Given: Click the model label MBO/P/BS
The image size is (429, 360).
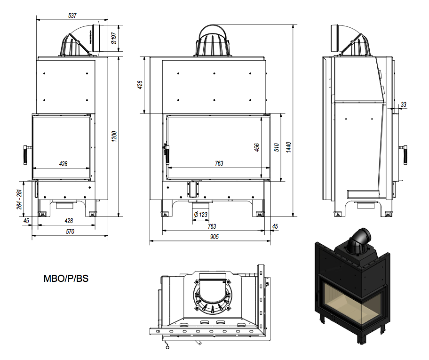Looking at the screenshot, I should (66, 279).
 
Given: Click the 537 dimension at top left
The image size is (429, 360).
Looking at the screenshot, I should (72, 16).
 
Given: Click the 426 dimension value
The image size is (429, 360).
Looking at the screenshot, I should (140, 85).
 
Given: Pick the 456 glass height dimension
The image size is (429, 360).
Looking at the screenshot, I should (257, 147).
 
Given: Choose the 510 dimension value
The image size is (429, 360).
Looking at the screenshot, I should (277, 147).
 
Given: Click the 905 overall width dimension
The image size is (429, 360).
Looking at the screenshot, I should (214, 237).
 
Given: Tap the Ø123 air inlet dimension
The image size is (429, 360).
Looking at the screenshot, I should (200, 215).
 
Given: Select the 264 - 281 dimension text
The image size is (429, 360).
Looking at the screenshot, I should (20, 200).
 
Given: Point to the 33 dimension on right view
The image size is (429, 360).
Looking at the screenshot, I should (404, 104).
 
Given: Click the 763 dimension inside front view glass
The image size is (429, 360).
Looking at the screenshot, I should (219, 163).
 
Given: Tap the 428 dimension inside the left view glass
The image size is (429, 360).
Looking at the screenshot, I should (63, 164).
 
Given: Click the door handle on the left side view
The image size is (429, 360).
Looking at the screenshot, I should (25, 153).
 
